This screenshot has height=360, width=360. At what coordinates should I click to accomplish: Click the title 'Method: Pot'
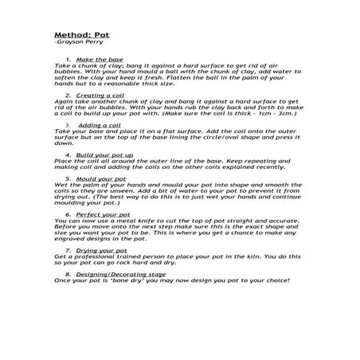tap(80, 37)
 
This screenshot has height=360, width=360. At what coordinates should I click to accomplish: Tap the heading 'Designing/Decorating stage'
tap(125, 274)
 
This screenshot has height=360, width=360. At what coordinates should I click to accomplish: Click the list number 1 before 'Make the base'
tap(69, 60)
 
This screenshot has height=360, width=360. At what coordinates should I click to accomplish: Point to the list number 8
tap(69, 274)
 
